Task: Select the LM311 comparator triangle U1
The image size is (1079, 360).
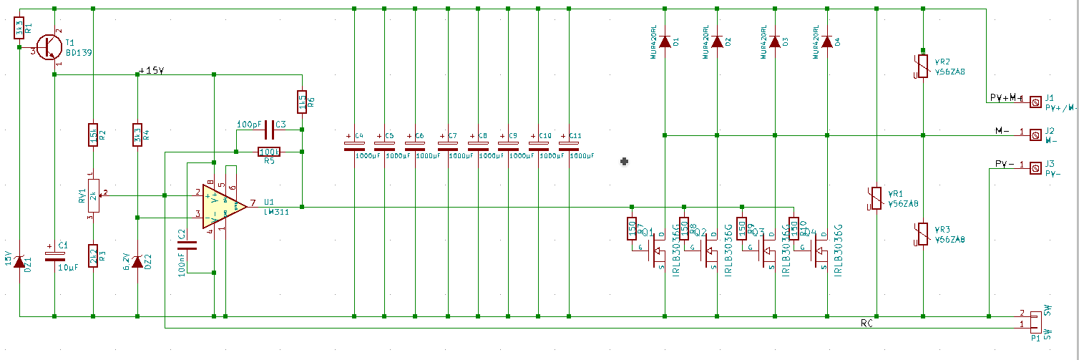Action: pyautogui.click(x=223, y=206)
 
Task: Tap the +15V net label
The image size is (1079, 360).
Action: pyautogui.click(x=151, y=71)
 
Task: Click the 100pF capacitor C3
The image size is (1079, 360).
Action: pyautogui.click(x=270, y=130)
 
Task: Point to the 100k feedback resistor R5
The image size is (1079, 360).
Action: pyautogui.click(x=269, y=152)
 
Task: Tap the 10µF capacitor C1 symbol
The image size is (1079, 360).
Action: pyautogui.click(x=54, y=256)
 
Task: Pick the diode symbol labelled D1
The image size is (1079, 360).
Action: pyautogui.click(x=665, y=42)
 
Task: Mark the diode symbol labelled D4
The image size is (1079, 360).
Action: pyautogui.click(x=828, y=42)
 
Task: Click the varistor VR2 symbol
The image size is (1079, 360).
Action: pyautogui.click(x=923, y=67)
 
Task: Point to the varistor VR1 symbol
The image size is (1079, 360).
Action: pyautogui.click(x=877, y=198)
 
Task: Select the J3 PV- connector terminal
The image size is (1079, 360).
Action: pyautogui.click(x=1034, y=168)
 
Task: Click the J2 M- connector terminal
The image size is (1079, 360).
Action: pyautogui.click(x=1034, y=135)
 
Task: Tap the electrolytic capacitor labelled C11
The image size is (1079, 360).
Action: pyautogui.click(x=570, y=142)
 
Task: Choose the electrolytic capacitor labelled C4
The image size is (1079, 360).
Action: pyautogui.click(x=354, y=142)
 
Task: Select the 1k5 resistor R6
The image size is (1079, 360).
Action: pyautogui.click(x=302, y=101)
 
